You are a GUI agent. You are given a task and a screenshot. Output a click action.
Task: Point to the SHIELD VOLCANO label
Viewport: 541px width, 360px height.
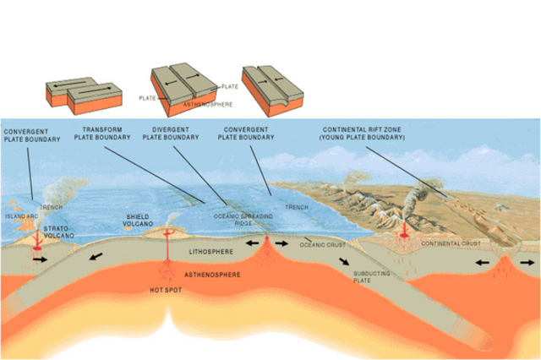pos(139,219)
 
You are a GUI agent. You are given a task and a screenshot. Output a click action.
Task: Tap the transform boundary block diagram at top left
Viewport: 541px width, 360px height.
pos(76,91)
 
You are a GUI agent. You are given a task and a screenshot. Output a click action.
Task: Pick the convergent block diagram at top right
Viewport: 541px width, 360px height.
pos(270,86)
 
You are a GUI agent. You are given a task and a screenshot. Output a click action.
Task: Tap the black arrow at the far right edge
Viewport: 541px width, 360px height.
pos(527,262)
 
